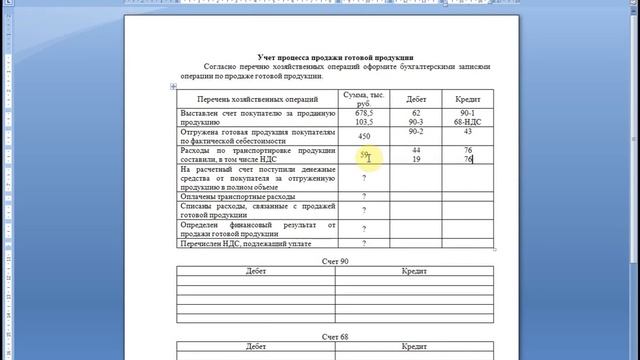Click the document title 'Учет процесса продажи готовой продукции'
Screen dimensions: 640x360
pos(336,58)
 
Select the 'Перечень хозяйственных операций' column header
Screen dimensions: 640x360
pos(257,100)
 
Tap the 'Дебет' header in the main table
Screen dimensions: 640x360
pos(415,100)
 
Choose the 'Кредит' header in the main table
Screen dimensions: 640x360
pos(468,100)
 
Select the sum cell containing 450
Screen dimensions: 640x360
pos(364,136)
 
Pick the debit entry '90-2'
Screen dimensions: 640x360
pos(415,131)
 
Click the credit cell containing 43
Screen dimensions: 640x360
pos(468,131)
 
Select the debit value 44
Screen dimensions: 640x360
pos(415,149)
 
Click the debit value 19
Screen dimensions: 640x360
pos(415,158)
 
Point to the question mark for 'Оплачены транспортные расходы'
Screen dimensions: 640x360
pos(364,196)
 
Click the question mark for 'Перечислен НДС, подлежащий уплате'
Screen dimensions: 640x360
pos(364,243)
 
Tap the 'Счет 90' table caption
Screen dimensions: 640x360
pos(335,261)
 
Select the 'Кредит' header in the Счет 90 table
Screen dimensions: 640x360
pos(415,272)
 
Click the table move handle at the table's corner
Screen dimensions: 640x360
pos(174,87)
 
